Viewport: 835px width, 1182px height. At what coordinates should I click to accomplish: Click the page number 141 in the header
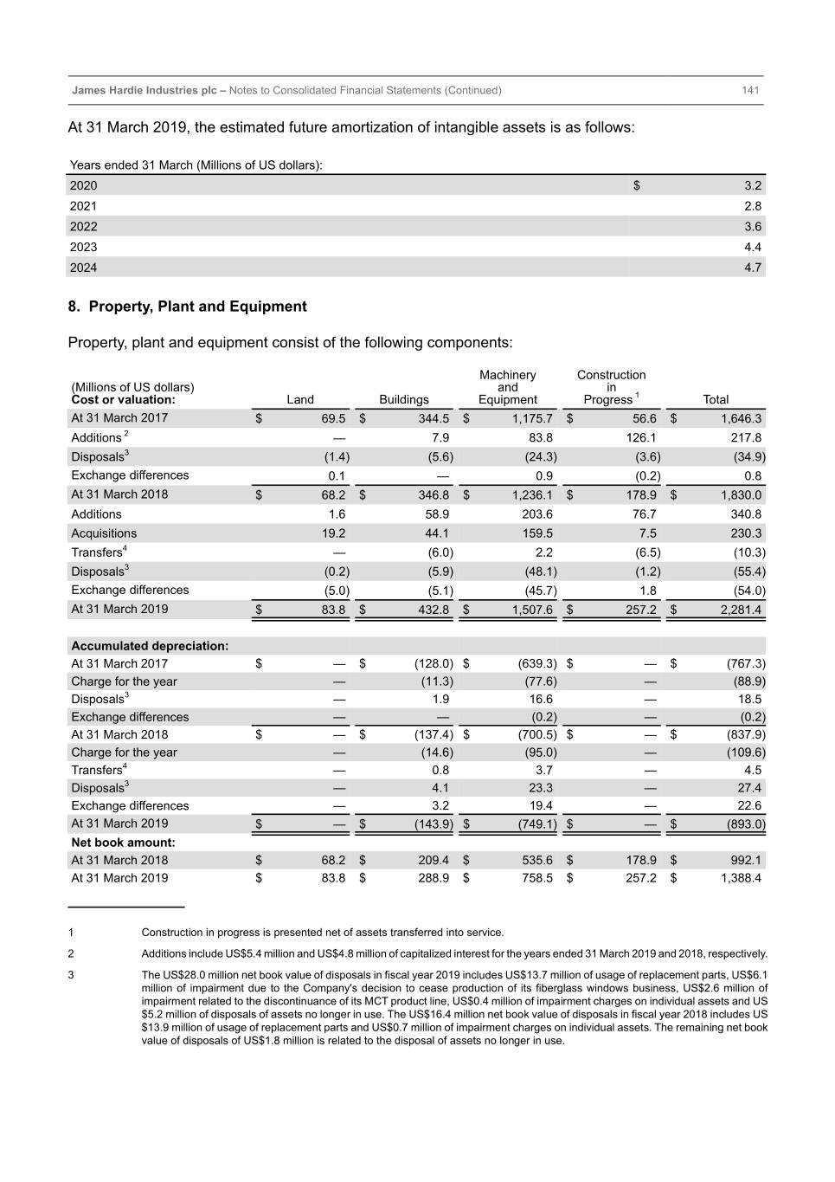click(750, 90)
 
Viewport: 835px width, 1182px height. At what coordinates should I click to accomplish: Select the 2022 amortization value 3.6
click(753, 227)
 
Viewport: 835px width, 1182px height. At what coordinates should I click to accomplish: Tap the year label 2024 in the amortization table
click(83, 268)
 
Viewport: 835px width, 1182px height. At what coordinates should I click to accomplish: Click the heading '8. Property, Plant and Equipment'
click(188, 307)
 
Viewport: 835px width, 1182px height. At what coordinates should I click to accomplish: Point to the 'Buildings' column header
click(403, 399)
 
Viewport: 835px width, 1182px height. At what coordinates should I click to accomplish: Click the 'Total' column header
click(716, 399)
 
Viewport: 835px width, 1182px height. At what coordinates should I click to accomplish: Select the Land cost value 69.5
click(333, 418)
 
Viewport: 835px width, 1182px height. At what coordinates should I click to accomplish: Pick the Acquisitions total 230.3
click(746, 533)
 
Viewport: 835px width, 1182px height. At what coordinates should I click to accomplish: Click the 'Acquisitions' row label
click(104, 533)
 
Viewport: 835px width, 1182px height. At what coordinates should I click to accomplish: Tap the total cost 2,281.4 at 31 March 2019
click(741, 610)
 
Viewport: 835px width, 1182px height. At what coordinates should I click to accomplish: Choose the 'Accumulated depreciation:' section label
click(150, 646)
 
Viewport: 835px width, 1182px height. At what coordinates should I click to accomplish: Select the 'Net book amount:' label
click(123, 843)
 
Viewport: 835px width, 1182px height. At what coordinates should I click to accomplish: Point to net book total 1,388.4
click(741, 878)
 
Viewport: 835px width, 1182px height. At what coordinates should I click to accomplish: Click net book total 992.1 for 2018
click(746, 861)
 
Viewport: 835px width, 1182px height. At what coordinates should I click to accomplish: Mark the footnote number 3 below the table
click(71, 975)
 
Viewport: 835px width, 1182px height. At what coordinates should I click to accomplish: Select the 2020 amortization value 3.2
click(753, 185)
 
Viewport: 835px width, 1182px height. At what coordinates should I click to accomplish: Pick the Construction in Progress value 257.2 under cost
click(641, 610)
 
